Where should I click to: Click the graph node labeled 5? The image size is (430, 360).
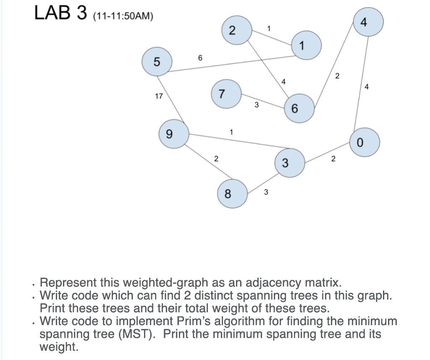click(x=157, y=62)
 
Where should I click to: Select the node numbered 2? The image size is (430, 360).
click(x=233, y=31)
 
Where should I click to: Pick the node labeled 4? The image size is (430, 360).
click(x=368, y=23)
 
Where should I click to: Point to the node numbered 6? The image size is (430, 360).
click(x=299, y=108)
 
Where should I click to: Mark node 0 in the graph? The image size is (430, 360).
click(x=364, y=142)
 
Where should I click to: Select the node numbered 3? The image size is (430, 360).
click(x=289, y=163)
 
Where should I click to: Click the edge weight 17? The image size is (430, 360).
click(x=159, y=96)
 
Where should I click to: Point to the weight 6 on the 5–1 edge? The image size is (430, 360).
click(x=200, y=58)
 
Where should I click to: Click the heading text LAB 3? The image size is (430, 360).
click(x=60, y=13)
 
